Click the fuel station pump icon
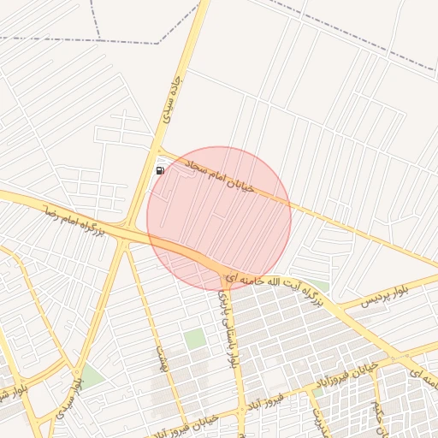pos(160,170)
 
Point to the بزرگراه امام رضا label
pos(74,219)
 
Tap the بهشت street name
pos(159,359)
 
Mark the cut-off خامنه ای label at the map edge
pos(424,374)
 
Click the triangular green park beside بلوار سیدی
pos(91,376)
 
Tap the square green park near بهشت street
pos(195,338)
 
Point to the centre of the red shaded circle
pos(219,219)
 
